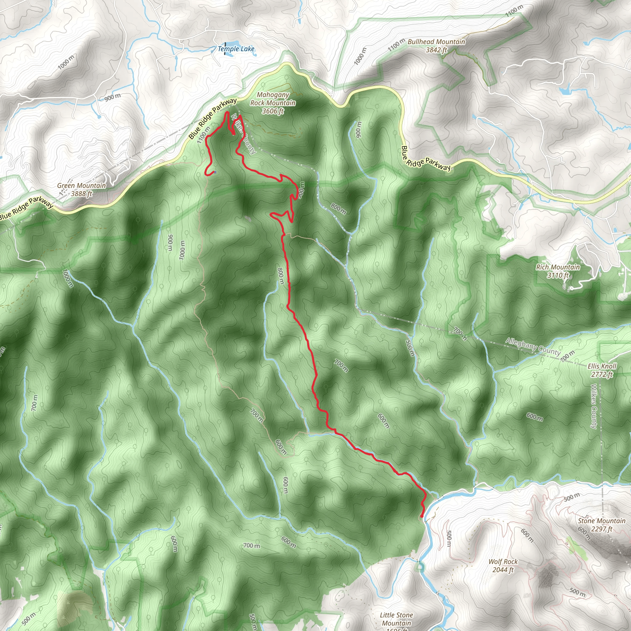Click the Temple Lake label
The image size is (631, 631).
236,49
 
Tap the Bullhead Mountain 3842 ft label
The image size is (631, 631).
436,46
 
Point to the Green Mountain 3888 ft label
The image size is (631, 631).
82,189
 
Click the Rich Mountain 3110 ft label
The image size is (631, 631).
558,271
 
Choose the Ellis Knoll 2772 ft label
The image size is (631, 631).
602,370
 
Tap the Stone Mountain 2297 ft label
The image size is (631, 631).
602,525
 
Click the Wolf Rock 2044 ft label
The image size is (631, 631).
503,566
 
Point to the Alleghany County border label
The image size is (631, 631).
533,347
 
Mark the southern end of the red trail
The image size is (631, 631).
422,516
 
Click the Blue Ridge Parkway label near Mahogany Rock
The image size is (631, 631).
212,118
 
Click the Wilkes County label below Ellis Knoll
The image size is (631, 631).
594,406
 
